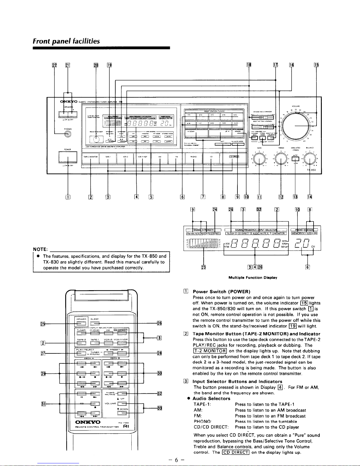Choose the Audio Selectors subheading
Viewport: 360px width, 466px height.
211,398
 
